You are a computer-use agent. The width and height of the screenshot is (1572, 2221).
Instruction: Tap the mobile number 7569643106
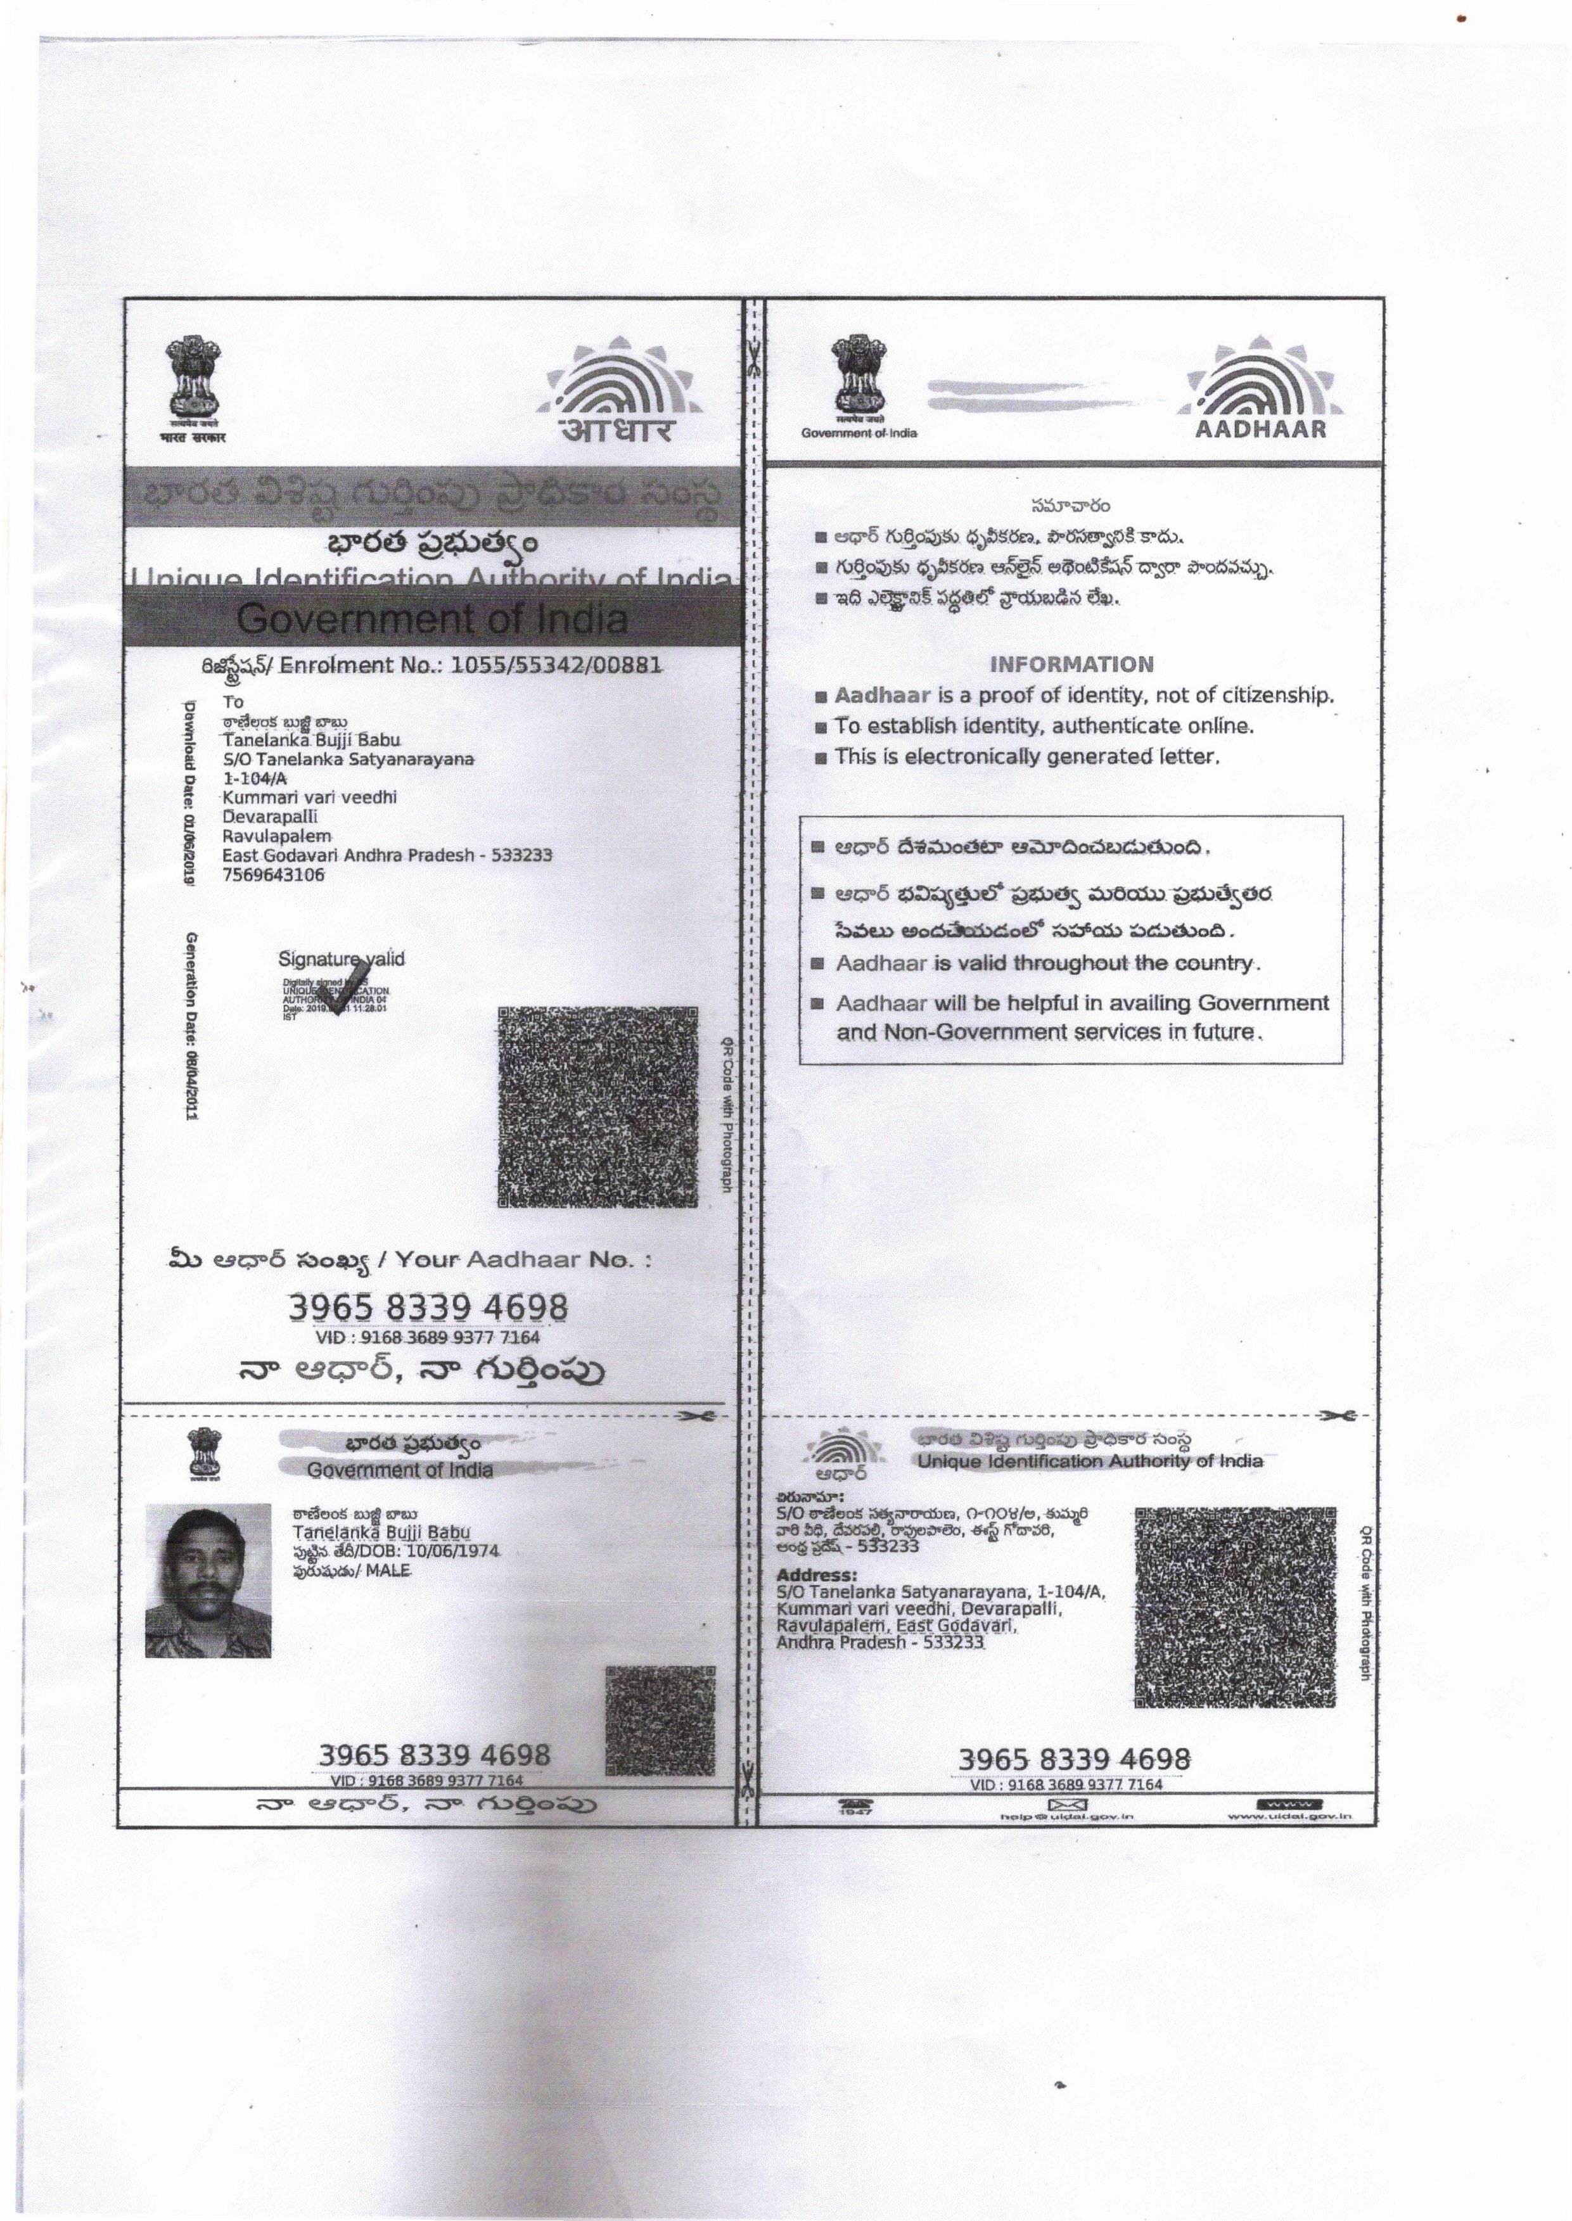(x=273, y=875)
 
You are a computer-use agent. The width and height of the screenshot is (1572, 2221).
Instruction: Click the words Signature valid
(x=341, y=959)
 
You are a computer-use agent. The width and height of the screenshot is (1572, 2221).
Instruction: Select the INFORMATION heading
(x=1071, y=665)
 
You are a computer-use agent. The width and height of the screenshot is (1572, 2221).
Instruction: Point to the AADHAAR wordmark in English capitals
(x=1260, y=430)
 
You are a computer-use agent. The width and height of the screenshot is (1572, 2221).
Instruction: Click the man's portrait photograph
(x=208, y=1581)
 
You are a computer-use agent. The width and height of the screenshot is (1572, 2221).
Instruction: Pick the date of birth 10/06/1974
(x=452, y=1550)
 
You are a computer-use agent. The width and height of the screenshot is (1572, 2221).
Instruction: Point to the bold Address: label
(x=816, y=1575)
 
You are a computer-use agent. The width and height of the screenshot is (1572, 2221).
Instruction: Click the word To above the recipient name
(x=233, y=702)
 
